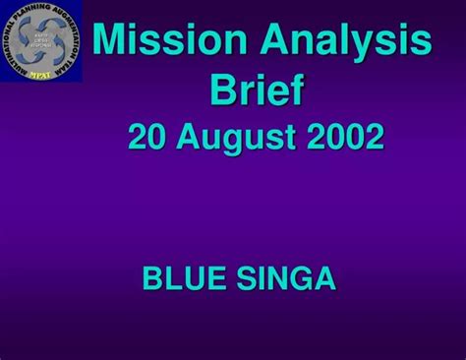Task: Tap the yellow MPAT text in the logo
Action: pyautogui.click(x=41, y=73)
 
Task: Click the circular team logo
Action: pyautogui.click(x=41, y=41)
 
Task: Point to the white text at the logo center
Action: pyautogui.click(x=41, y=40)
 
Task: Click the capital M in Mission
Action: pyautogui.click(x=110, y=41)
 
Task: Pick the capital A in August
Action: pyautogui.click(x=196, y=137)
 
